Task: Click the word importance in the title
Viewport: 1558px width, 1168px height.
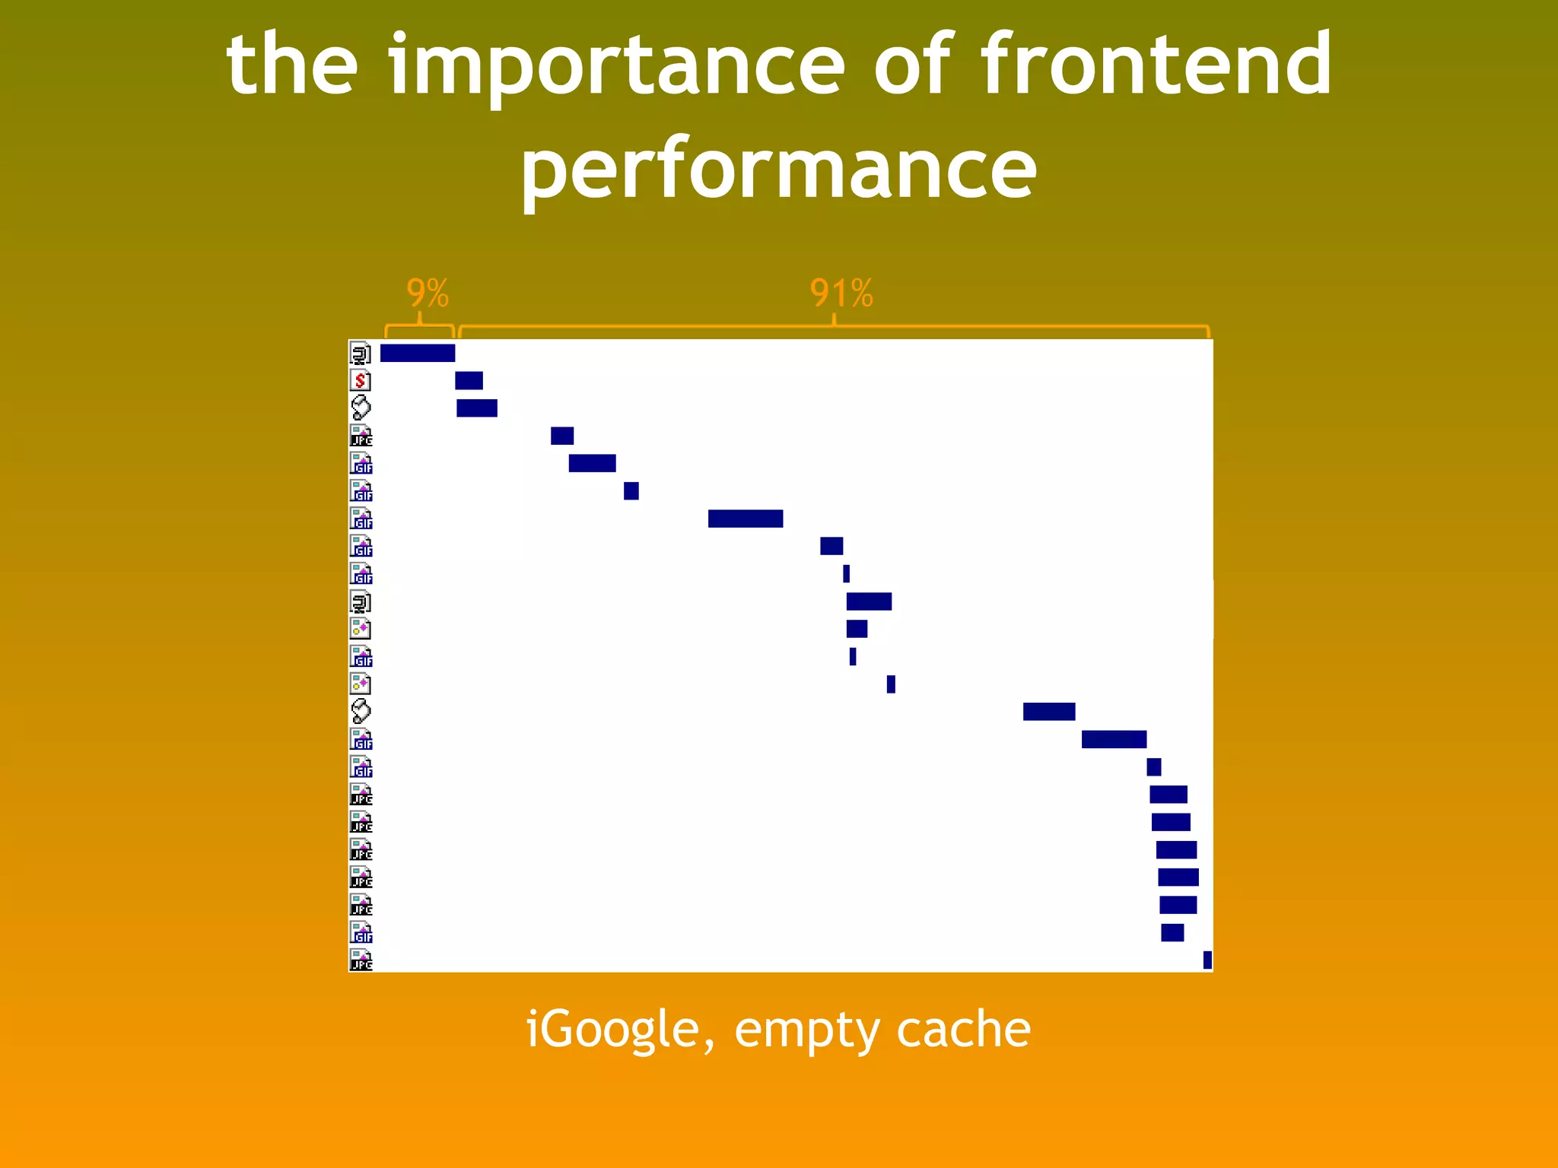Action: pyautogui.click(x=616, y=67)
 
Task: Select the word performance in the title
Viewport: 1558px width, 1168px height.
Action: pyautogui.click(x=778, y=171)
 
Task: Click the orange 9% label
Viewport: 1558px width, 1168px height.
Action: pyautogui.click(x=428, y=293)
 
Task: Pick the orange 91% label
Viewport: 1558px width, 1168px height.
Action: pyautogui.click(x=841, y=293)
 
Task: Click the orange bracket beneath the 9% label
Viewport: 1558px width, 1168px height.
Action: pyautogui.click(x=420, y=328)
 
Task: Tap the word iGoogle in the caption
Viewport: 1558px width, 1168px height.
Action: pyautogui.click(x=620, y=1030)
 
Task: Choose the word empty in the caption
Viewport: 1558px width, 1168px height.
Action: pyautogui.click(x=806, y=1031)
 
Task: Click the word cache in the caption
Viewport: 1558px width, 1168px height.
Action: pyautogui.click(x=963, y=1030)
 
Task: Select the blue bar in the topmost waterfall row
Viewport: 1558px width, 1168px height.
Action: pyautogui.click(x=418, y=353)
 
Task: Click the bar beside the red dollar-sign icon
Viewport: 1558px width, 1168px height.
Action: pyautogui.click(x=469, y=380)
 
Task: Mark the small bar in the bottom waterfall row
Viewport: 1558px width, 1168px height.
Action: pyautogui.click(x=1207, y=960)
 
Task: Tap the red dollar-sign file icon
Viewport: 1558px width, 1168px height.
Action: pyautogui.click(x=361, y=380)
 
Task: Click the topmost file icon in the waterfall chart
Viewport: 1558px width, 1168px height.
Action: pyautogui.click(x=361, y=354)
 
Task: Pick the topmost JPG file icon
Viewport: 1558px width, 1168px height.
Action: pyautogui.click(x=361, y=436)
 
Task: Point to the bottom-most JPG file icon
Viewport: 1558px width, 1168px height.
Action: pyautogui.click(x=361, y=960)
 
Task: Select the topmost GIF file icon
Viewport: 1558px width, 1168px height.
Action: pyautogui.click(x=361, y=463)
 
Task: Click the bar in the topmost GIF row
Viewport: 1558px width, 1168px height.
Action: pyautogui.click(x=592, y=463)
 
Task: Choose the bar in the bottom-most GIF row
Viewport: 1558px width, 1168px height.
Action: pyautogui.click(x=1172, y=932)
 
